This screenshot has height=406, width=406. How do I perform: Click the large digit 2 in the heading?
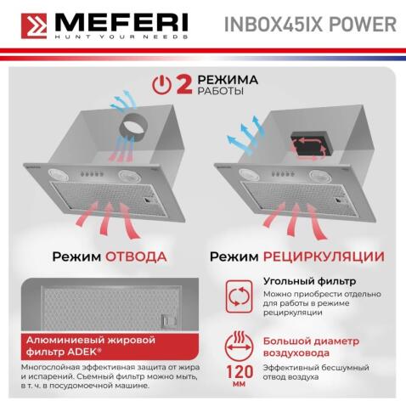click(183, 83)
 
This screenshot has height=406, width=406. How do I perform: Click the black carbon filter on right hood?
click(307, 144)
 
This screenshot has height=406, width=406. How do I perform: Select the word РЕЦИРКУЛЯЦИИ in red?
click(328, 256)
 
